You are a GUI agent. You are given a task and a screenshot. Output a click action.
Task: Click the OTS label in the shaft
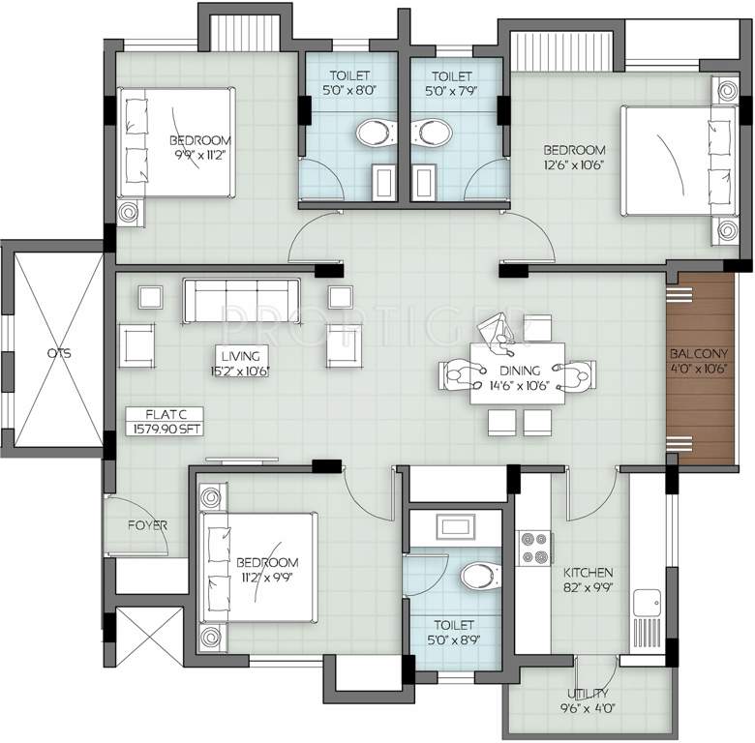click(59, 353)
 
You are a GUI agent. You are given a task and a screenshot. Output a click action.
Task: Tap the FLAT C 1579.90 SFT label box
click(165, 422)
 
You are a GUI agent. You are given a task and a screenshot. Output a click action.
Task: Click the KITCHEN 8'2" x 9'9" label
click(588, 580)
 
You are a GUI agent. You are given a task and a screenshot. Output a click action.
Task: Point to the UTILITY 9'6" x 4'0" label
click(587, 700)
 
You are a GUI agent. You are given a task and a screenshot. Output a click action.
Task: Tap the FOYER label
click(147, 525)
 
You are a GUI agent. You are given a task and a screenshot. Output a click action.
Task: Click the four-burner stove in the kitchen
click(535, 549)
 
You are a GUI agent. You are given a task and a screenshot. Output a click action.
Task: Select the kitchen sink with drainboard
click(648, 621)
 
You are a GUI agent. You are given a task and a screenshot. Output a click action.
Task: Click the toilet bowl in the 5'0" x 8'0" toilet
click(377, 132)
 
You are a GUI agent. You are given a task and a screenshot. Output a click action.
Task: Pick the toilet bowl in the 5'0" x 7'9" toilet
click(432, 132)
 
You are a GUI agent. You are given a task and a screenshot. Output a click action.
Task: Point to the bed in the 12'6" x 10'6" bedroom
click(679, 162)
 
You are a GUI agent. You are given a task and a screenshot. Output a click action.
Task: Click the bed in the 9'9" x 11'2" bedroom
click(176, 142)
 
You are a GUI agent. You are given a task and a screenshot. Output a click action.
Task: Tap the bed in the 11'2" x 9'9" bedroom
click(259, 567)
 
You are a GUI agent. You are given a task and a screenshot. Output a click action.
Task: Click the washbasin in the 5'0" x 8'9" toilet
click(456, 526)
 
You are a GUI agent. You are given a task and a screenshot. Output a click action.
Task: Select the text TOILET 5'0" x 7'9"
click(452, 84)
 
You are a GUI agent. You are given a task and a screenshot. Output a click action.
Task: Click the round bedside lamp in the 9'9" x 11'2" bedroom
click(129, 212)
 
